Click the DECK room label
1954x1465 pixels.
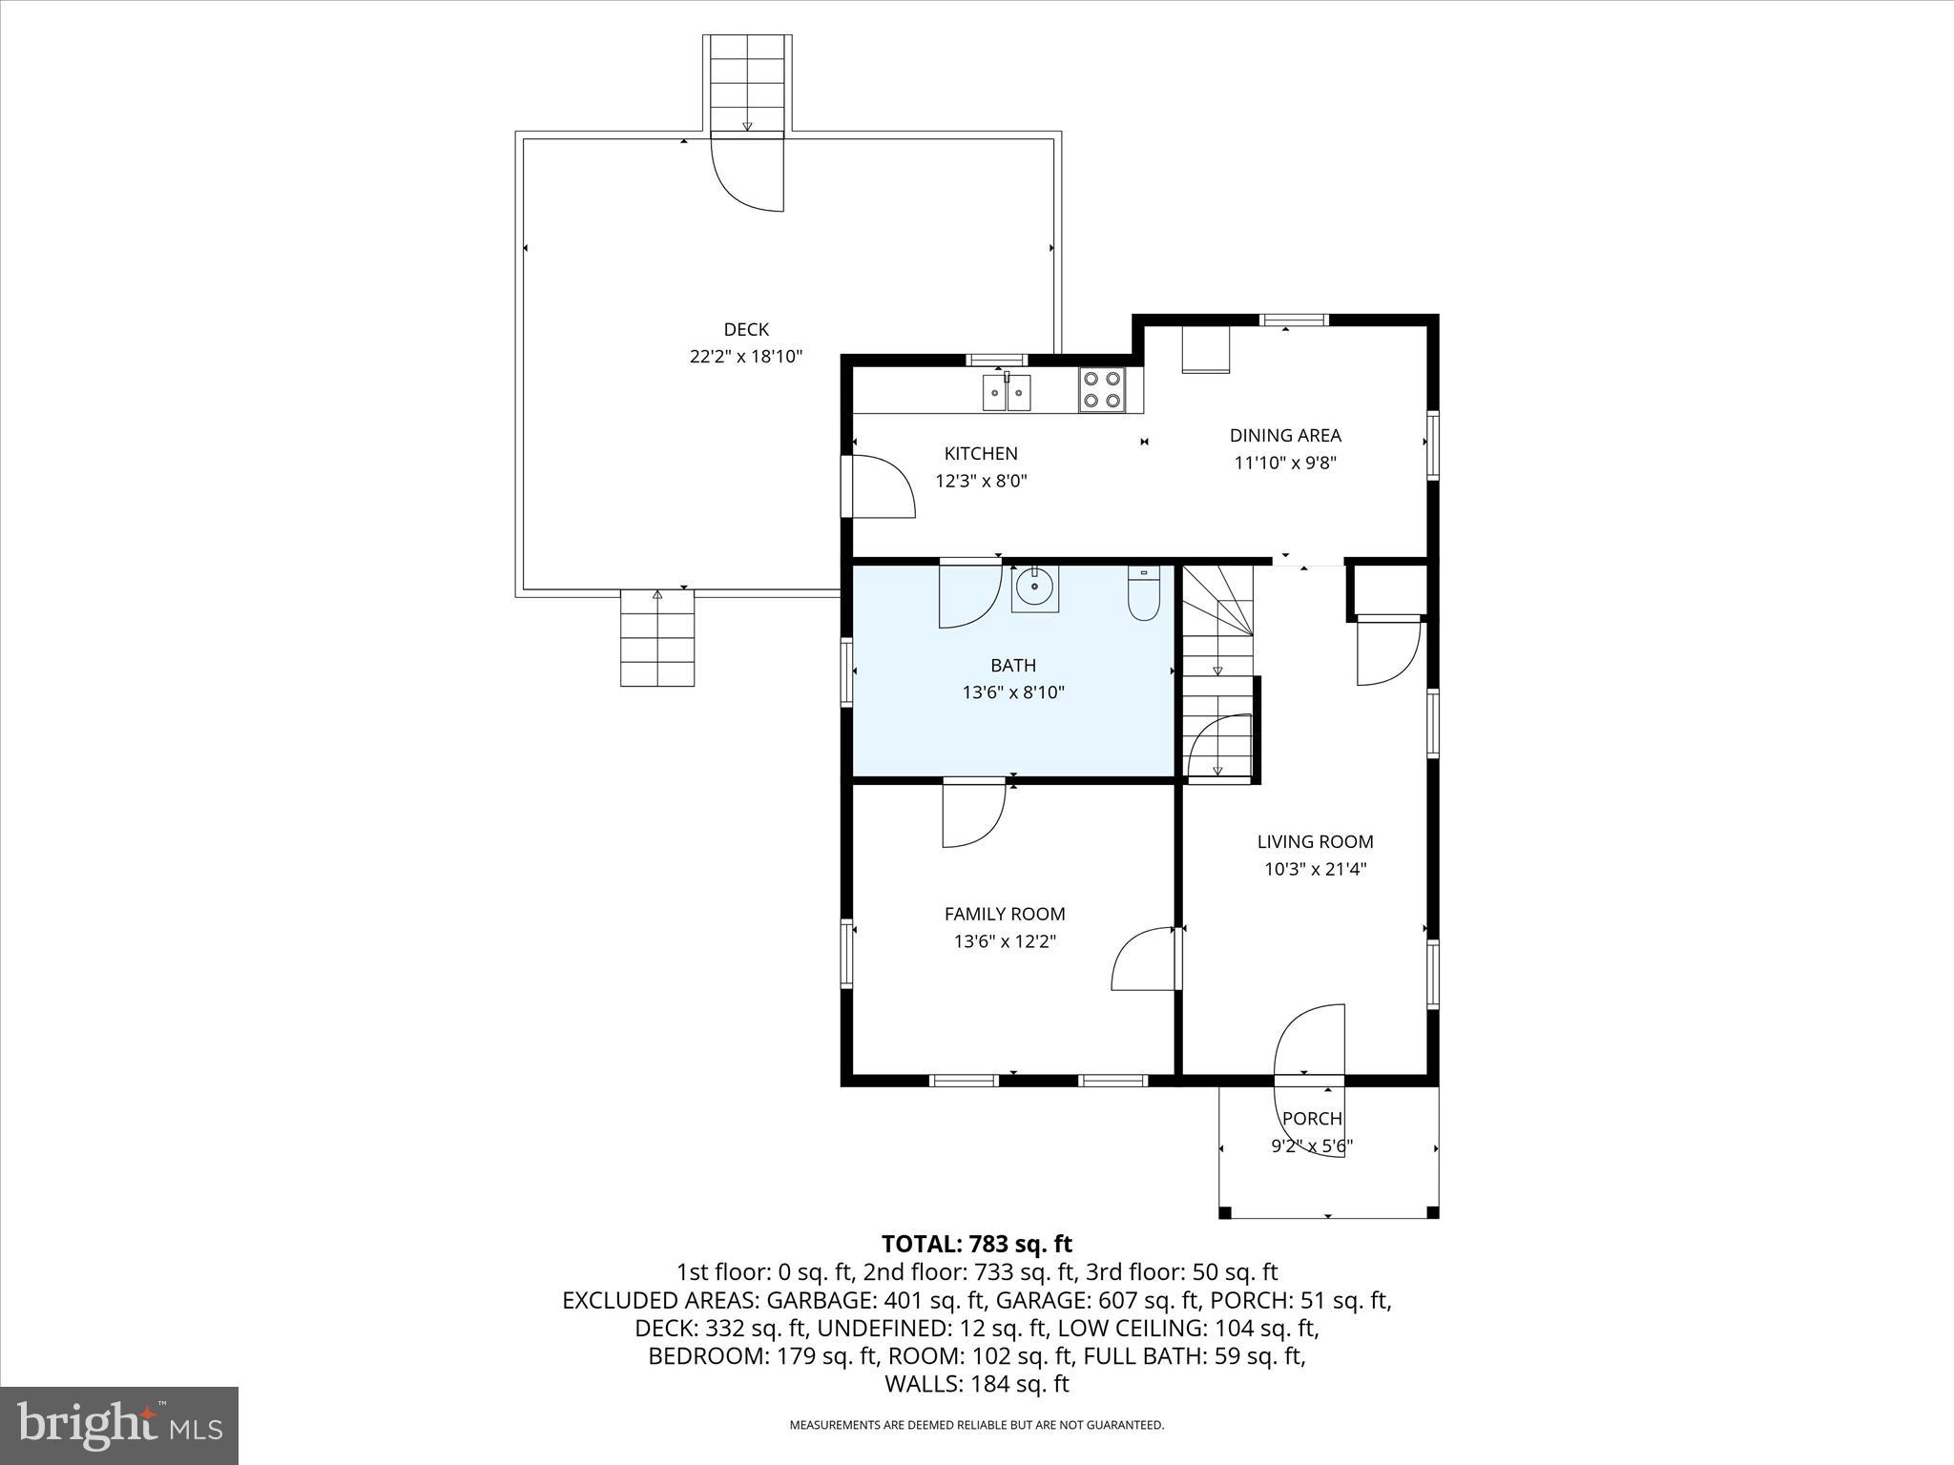click(x=746, y=329)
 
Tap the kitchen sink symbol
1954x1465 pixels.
click(x=1007, y=392)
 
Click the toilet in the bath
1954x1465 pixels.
click(x=1143, y=594)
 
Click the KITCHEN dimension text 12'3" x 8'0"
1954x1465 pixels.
click(x=981, y=482)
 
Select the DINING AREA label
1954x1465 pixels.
click(x=1285, y=436)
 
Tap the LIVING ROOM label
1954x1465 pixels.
click(x=1315, y=841)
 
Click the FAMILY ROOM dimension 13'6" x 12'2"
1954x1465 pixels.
click(x=1005, y=941)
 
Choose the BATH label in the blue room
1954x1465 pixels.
click(x=1012, y=665)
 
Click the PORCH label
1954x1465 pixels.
click(x=1312, y=1119)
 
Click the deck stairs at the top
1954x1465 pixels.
click(x=747, y=84)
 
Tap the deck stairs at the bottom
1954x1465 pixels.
click(x=657, y=637)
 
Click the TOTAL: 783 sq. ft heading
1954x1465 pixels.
click(x=977, y=1244)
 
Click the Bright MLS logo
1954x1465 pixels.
click(x=119, y=1425)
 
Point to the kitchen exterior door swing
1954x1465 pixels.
click(x=880, y=487)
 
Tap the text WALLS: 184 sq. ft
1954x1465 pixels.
click(x=977, y=1384)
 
